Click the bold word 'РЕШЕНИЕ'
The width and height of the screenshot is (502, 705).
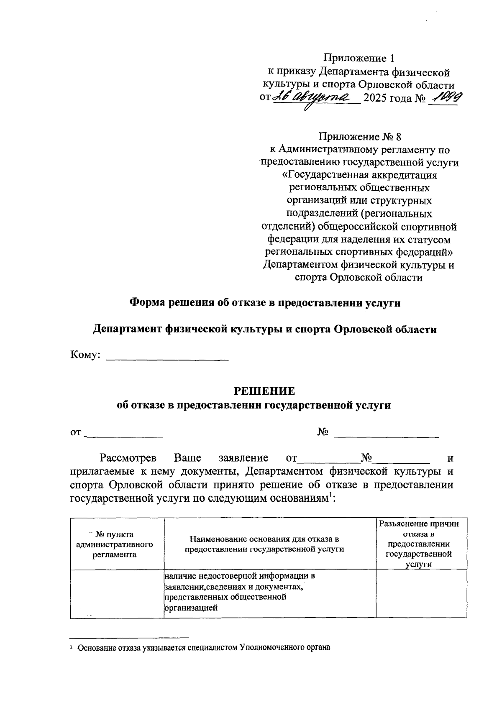point(264,391)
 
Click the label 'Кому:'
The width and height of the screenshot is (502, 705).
point(85,355)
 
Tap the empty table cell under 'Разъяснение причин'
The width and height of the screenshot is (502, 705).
point(421,593)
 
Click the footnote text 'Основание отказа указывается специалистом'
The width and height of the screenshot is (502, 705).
point(204,648)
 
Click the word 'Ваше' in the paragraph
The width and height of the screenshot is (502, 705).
point(187,458)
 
